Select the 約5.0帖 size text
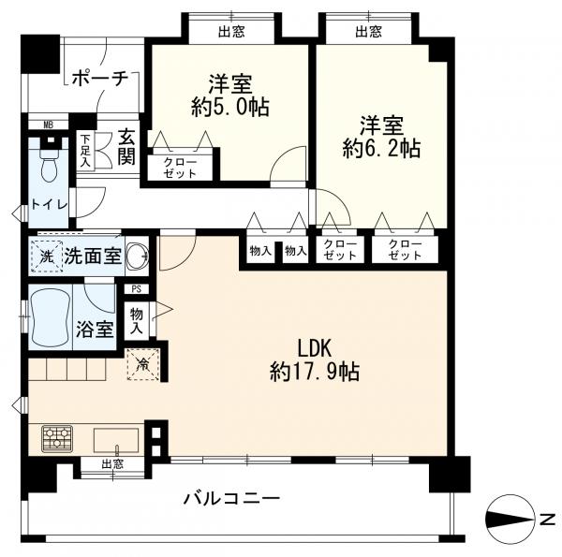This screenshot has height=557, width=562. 230,107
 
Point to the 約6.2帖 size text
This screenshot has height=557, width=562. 380,148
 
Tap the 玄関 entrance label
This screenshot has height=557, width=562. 126,146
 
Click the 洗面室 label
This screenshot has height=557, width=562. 92,255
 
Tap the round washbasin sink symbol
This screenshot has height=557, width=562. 138,254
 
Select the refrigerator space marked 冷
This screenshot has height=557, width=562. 143,363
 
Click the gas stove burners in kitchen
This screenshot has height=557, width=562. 55,437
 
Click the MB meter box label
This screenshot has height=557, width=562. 48,124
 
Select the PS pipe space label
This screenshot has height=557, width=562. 137,289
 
